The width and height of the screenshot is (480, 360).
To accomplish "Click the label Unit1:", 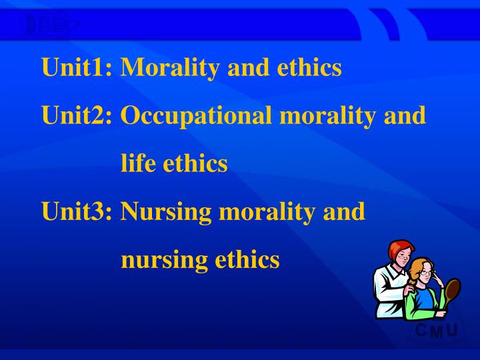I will [x=77, y=67].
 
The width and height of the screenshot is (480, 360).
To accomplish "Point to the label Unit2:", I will [x=77, y=115].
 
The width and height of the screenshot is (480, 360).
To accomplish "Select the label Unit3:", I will [x=77, y=211].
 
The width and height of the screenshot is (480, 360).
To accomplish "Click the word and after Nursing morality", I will [x=345, y=211].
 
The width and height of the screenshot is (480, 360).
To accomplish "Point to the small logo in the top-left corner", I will [x=50, y=25].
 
